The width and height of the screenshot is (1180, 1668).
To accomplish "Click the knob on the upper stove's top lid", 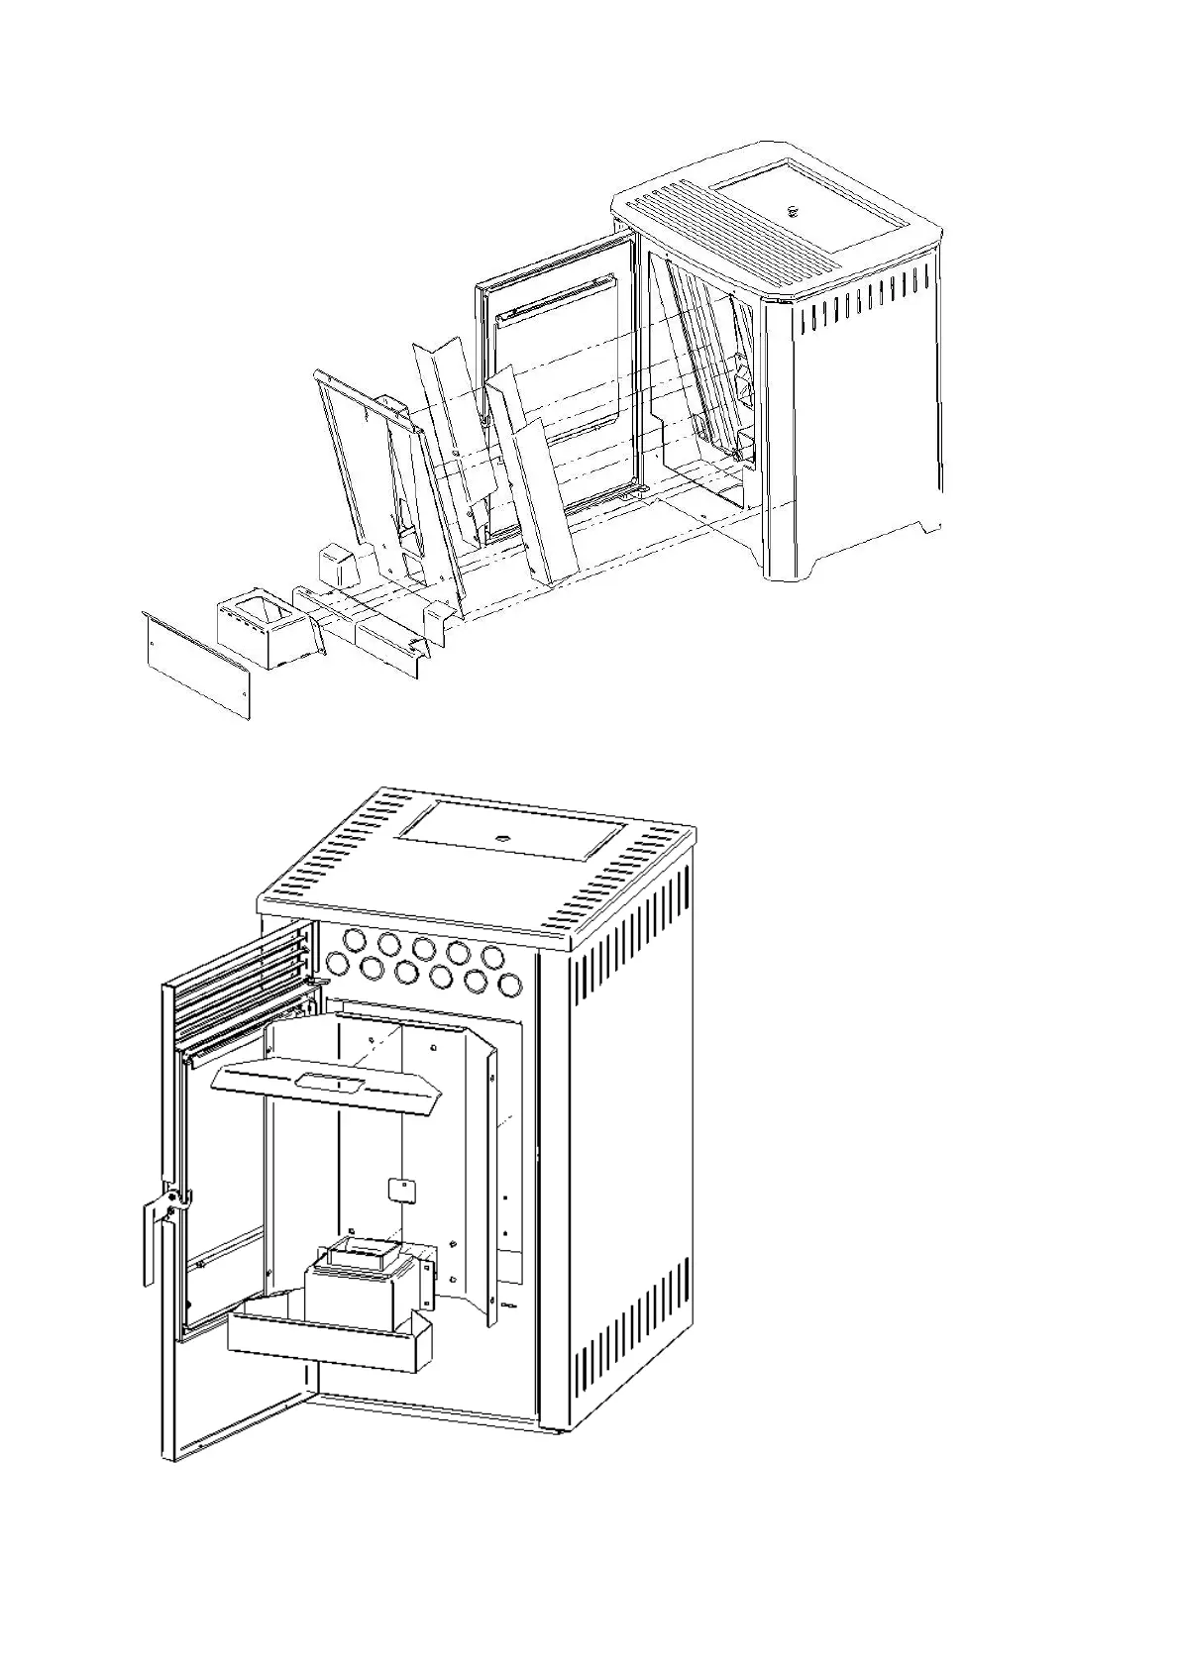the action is (x=793, y=210).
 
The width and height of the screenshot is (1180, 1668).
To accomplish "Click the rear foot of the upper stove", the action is (x=925, y=525).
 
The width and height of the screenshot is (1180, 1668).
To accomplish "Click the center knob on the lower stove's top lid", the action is (x=503, y=836).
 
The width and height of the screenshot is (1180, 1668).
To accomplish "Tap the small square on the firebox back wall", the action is (x=399, y=1189).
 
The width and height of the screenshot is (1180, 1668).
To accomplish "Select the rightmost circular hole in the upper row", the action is (x=492, y=956).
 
